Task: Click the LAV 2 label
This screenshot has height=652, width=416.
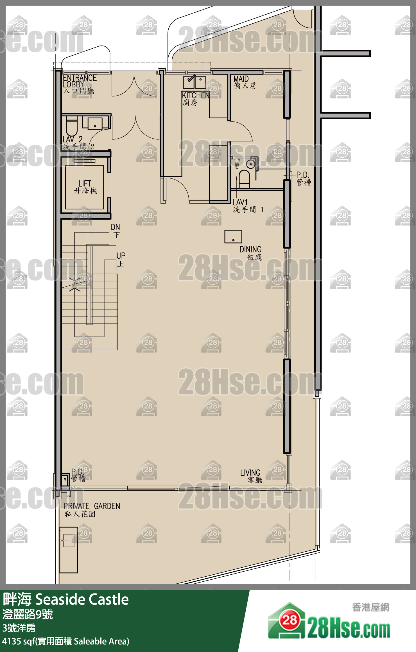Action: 73,139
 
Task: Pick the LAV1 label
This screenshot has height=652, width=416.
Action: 240,202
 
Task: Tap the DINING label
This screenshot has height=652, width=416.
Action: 250,250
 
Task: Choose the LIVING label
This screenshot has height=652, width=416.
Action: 250,473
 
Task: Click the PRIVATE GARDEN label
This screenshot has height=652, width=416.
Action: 92,506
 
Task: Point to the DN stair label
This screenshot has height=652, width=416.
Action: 115,227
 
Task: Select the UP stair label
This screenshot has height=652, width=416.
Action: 121,256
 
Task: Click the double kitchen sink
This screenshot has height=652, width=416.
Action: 195,83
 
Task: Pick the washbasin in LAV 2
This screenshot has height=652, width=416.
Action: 95,123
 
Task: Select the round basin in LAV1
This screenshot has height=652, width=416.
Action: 250,164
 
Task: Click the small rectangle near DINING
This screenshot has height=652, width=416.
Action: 233,236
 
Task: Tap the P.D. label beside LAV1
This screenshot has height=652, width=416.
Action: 302,175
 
